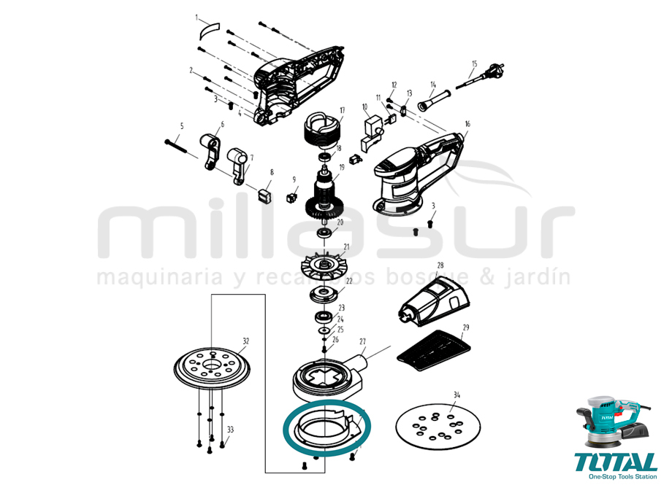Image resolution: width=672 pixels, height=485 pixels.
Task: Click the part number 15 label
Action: coord(474,64)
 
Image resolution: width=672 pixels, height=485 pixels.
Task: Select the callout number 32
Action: coord(246,341)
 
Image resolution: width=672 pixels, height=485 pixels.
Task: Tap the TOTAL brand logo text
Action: coord(615,462)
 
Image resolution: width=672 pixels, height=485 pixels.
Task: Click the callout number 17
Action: coord(341,111)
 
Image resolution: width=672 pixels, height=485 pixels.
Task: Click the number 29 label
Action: coord(466,327)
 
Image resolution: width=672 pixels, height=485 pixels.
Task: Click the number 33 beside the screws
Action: coord(231,430)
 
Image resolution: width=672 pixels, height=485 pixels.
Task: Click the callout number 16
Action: coord(467,125)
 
